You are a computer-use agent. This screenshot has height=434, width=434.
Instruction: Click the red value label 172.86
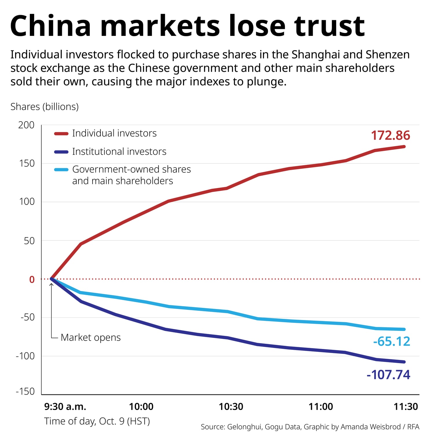[x=390, y=135]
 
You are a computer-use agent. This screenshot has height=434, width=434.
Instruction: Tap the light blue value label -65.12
[x=391, y=341]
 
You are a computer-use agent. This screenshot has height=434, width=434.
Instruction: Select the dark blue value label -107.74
[x=388, y=375]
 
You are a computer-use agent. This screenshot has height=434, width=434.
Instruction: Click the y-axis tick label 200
[x=26, y=125]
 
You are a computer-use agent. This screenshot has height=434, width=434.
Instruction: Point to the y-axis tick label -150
[x=25, y=391]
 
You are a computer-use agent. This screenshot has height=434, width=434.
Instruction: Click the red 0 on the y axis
[x=32, y=279]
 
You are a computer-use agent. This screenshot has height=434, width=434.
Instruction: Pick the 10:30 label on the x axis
[x=231, y=407]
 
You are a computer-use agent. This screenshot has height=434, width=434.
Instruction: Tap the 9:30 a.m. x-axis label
[x=65, y=407]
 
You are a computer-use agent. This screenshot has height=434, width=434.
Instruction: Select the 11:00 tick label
[x=321, y=407]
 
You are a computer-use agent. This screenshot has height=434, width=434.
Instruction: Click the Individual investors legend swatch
[x=61, y=134]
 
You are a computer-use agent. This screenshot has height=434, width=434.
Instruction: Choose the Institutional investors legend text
[x=119, y=151]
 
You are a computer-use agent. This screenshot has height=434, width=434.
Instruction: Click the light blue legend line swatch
[x=61, y=170]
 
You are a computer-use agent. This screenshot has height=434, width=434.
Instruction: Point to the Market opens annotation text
[x=91, y=337]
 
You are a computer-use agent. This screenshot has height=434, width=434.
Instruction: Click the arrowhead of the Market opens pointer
[x=52, y=285]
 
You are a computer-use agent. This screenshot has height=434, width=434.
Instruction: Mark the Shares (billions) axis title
[x=45, y=107]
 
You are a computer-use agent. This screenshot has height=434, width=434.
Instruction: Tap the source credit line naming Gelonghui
[x=310, y=427]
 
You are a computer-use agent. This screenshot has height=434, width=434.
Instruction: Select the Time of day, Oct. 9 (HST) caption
[x=97, y=421]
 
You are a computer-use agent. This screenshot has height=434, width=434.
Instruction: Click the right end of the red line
[x=404, y=147]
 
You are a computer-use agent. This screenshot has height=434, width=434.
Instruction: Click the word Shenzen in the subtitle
[x=388, y=55]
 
